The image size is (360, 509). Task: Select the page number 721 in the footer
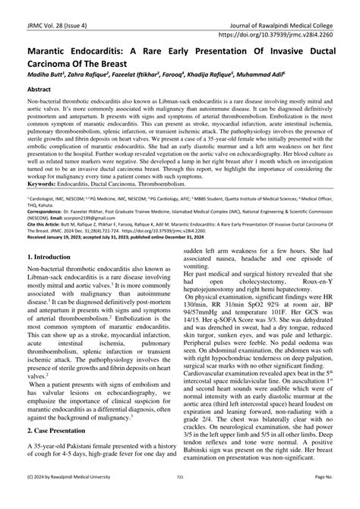coord(180,498)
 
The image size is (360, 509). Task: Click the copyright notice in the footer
coord(55,498)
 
